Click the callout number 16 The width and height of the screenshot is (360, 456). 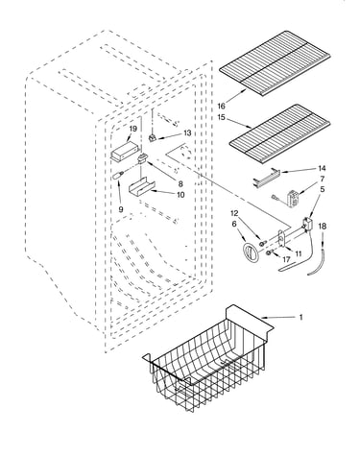(221, 106)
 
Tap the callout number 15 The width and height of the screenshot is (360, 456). (222, 117)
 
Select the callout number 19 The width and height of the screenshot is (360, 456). (133, 129)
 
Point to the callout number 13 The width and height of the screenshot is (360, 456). (187, 132)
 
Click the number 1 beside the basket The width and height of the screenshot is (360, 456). (300, 317)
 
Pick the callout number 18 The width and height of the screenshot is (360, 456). (323, 227)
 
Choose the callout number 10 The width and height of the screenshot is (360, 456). (180, 195)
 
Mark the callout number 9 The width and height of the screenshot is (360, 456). (121, 209)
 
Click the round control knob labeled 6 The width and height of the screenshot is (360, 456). (251, 254)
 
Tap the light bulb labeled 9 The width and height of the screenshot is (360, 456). (118, 175)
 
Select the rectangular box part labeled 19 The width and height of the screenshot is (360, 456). (125, 152)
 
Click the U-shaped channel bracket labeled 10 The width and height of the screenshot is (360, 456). (141, 187)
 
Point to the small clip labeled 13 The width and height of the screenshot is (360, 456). (153, 138)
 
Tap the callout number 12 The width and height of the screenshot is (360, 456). (234, 213)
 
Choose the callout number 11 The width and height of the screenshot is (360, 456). (299, 253)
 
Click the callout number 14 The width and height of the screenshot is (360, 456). (322, 169)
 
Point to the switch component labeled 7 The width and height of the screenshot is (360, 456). (292, 198)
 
